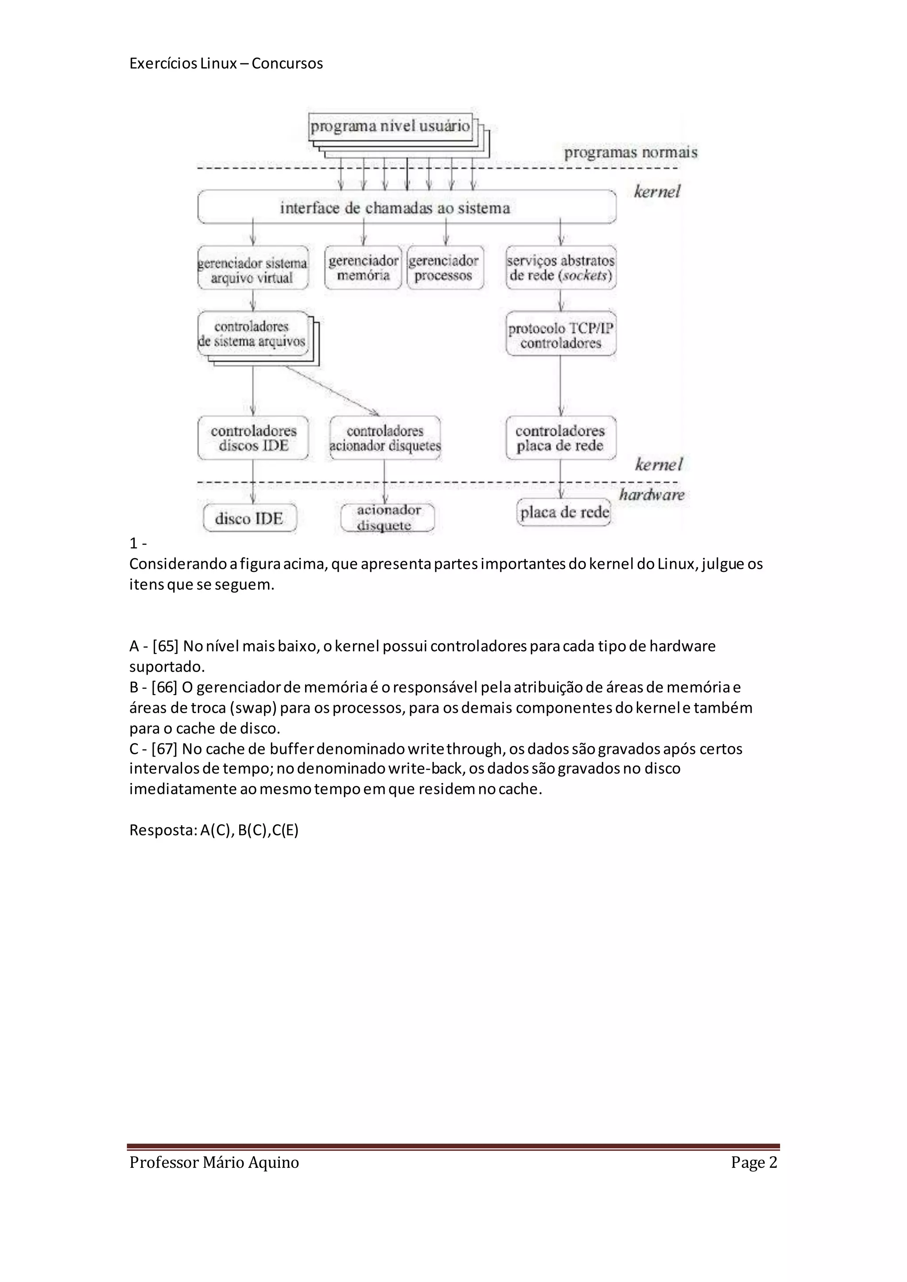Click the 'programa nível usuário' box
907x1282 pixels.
click(x=390, y=127)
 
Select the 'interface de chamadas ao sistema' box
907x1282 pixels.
click(x=407, y=208)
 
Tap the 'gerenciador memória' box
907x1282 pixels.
click(x=363, y=268)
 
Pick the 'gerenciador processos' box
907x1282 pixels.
click(x=445, y=268)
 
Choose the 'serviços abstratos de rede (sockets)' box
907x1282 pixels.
click(x=561, y=268)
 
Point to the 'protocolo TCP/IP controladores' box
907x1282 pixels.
click(x=561, y=335)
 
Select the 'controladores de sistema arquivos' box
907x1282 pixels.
click(x=252, y=334)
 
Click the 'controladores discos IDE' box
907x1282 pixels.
click(x=253, y=438)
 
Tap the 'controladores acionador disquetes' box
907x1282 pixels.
click(x=385, y=438)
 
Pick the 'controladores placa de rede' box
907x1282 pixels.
click(x=561, y=438)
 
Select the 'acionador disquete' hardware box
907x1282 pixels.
click(x=387, y=517)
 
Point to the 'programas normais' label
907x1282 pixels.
click(x=631, y=152)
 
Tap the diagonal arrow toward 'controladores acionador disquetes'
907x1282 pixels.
click(x=332, y=391)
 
